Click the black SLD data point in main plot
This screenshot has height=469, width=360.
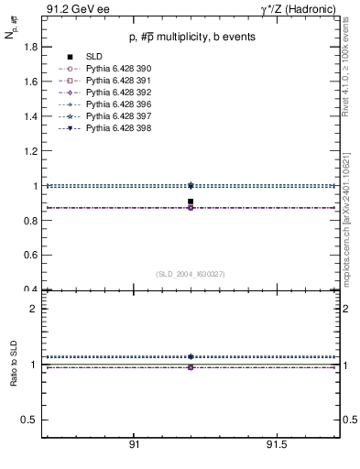pos(191,202)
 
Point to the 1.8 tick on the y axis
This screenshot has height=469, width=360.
pos(29,46)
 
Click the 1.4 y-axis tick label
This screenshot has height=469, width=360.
pos(29,116)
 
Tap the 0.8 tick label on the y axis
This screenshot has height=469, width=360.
pos(29,221)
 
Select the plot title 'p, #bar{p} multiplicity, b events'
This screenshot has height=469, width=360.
pos(191,37)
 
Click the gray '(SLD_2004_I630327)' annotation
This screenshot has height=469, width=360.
pos(191,274)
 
